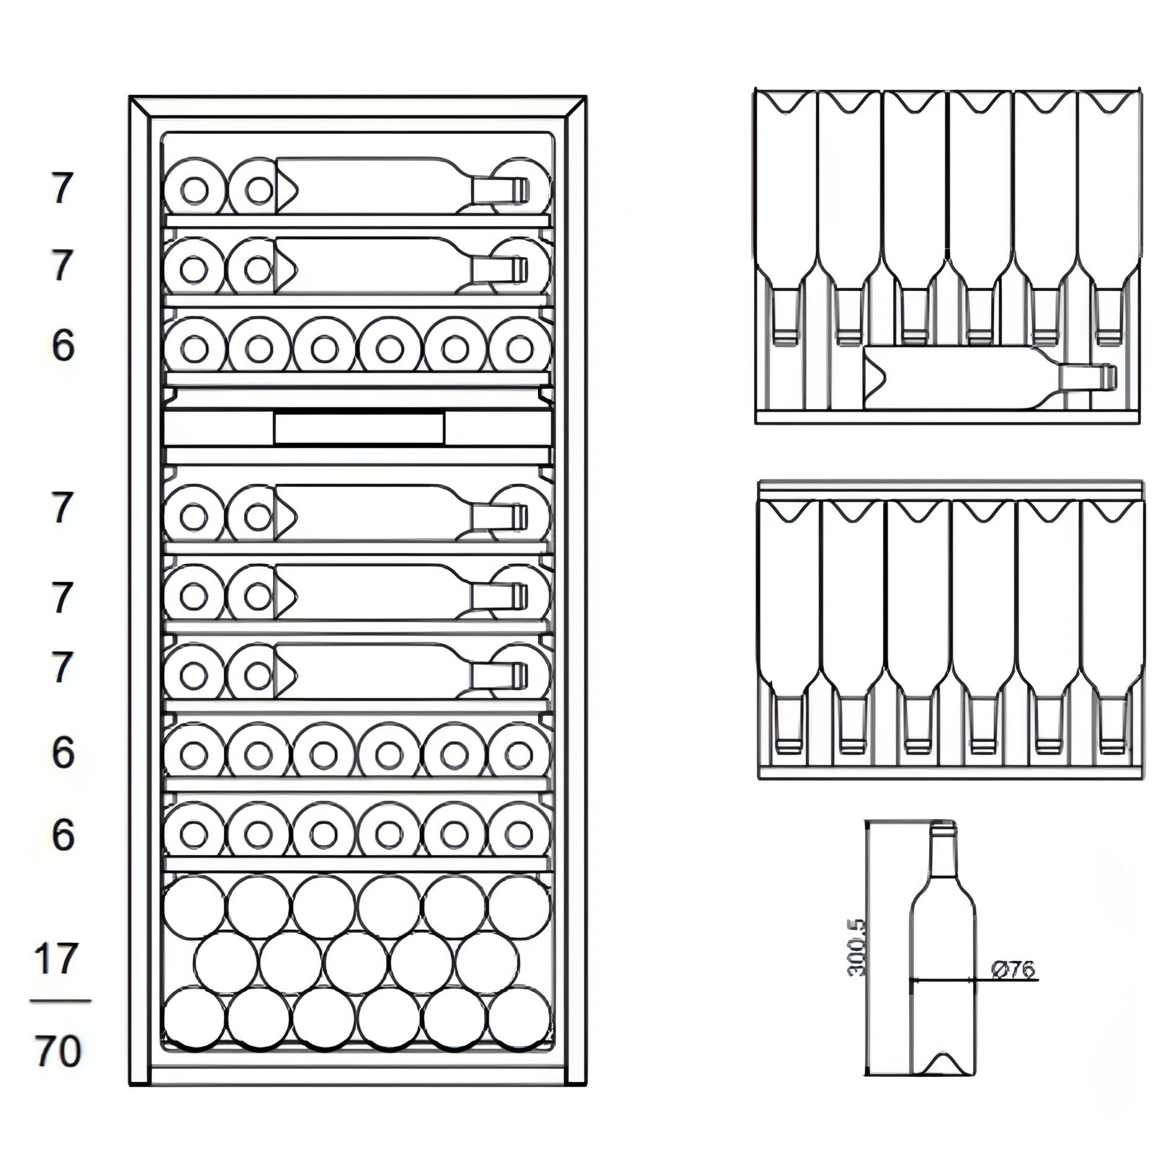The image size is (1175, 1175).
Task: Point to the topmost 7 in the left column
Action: tap(61, 189)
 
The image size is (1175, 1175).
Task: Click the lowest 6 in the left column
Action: tap(63, 835)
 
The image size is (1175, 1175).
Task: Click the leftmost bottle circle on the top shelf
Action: tap(194, 189)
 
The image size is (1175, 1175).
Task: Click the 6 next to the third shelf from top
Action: tap(63, 345)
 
